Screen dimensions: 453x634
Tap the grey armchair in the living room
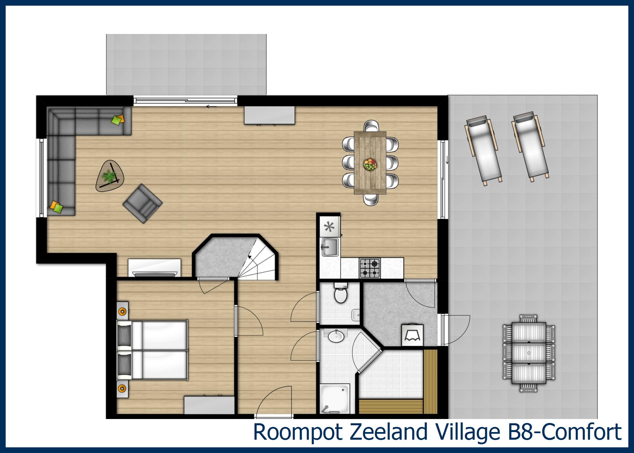142,204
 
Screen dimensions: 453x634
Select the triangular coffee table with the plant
110,176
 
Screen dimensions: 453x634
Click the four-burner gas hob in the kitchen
370,268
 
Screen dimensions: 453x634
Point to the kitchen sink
330,247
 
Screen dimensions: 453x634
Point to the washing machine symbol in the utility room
412,335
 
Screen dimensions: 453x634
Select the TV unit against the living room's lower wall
155,268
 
